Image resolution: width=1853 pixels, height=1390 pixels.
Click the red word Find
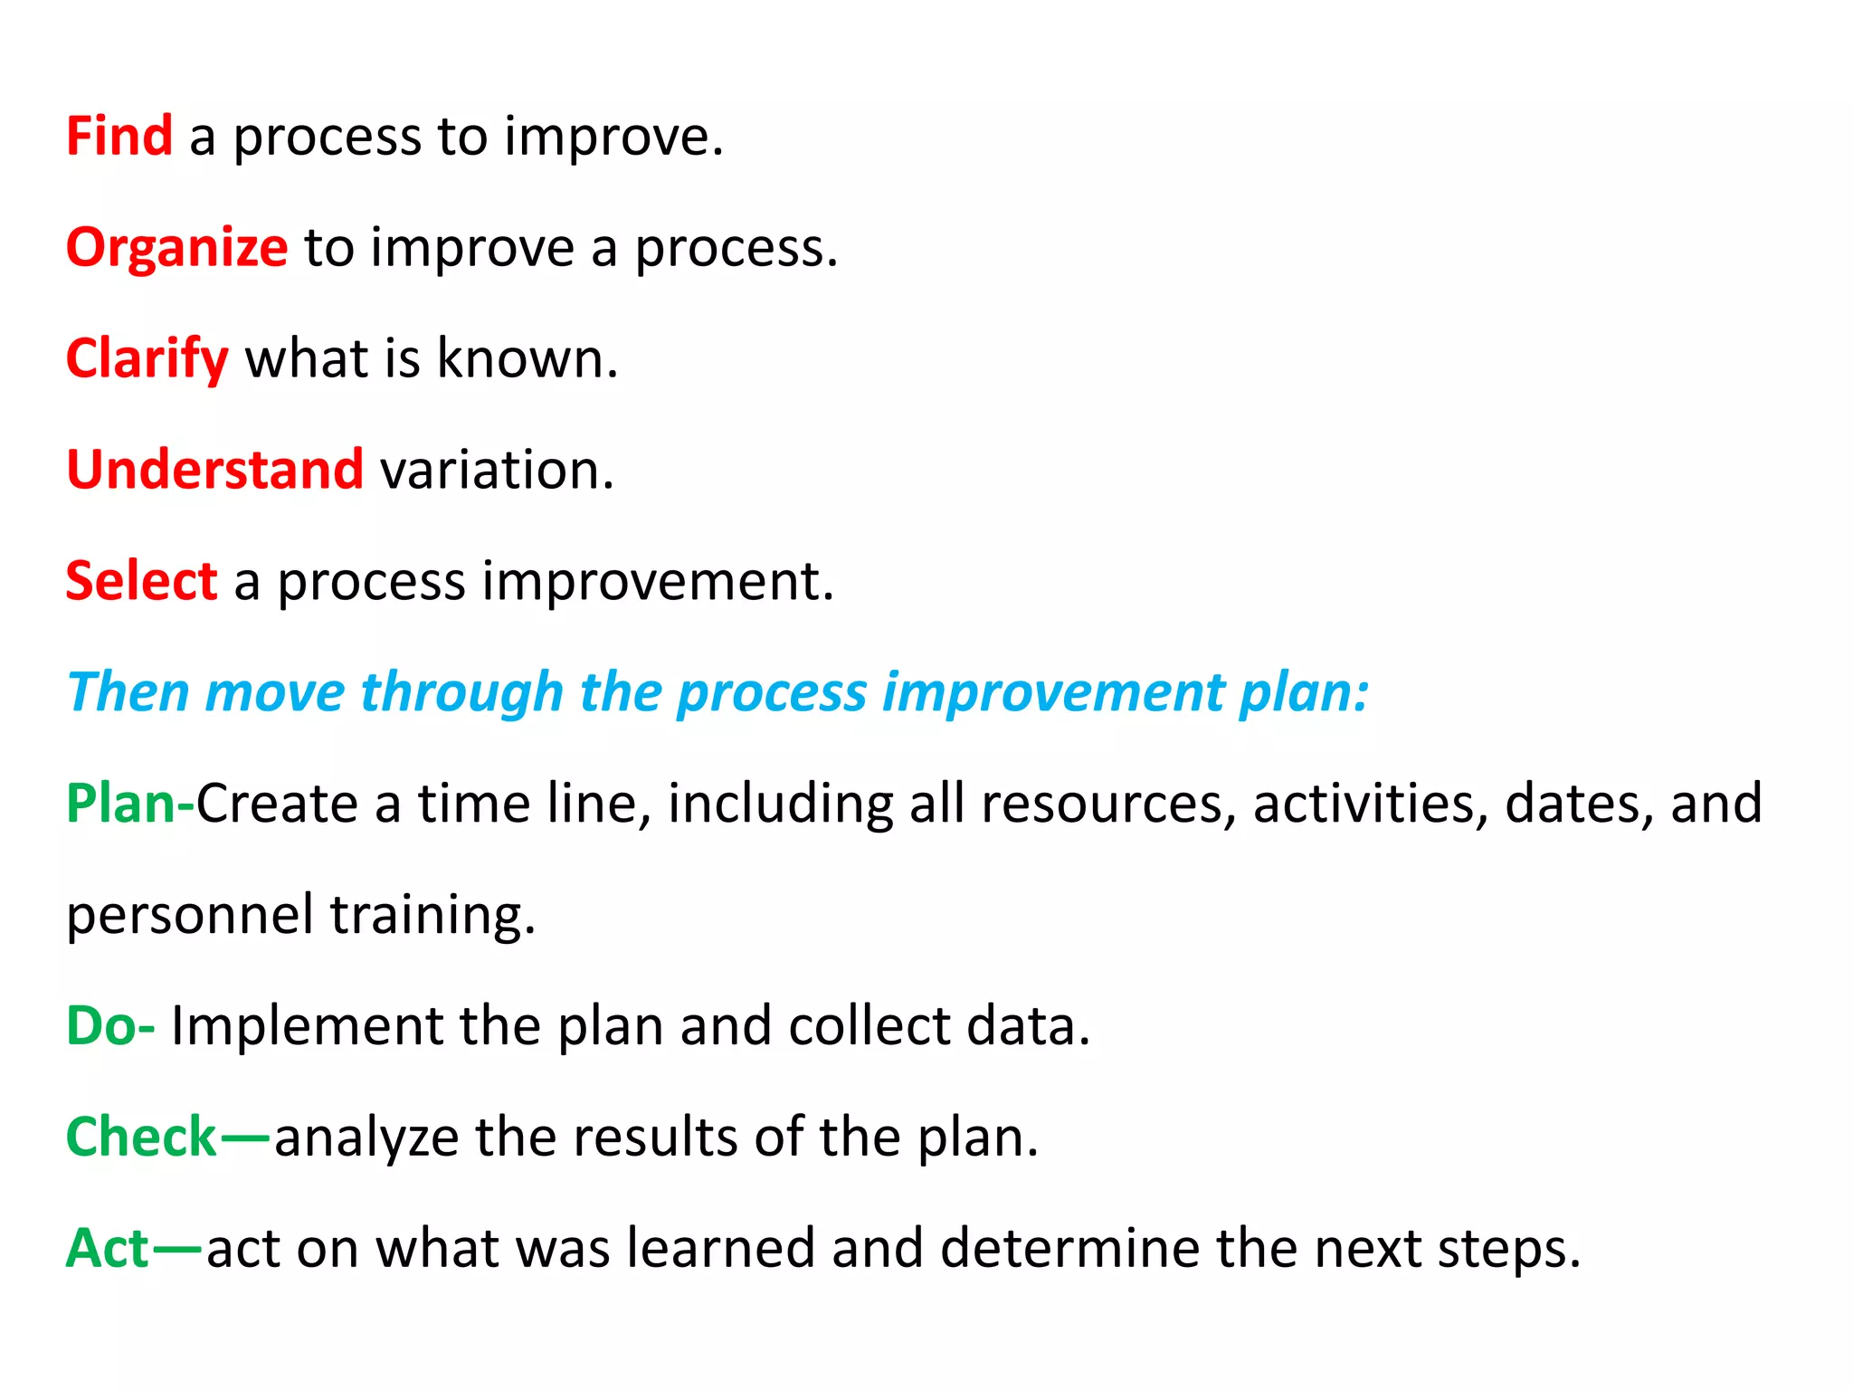click(119, 136)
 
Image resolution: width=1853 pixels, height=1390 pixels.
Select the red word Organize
click(177, 248)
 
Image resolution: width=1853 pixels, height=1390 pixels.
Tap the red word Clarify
click(147, 359)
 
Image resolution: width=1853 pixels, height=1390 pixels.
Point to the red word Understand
click(215, 470)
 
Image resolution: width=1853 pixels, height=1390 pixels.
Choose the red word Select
click(141, 580)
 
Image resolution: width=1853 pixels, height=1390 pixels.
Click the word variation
click(496, 470)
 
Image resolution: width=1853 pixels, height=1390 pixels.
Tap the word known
click(527, 358)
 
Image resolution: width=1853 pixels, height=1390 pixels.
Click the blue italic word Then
click(128, 692)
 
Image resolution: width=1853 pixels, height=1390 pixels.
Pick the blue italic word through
click(461, 692)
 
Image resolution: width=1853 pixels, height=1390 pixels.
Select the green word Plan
click(121, 803)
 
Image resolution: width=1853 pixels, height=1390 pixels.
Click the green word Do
click(100, 1025)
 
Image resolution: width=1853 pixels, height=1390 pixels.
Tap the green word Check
click(141, 1137)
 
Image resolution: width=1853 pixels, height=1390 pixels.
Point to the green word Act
click(108, 1248)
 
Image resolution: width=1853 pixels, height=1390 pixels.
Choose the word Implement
click(307, 1026)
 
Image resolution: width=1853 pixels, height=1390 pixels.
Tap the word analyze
click(366, 1138)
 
